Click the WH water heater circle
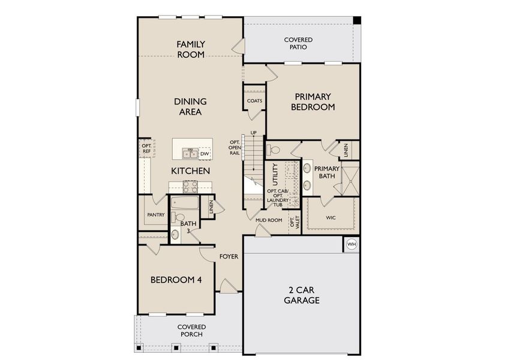click(x=351, y=244)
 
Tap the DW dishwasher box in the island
click(x=205, y=154)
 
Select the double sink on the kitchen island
click(x=191, y=154)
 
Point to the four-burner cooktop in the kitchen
click(x=191, y=186)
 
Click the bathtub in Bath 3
click(x=184, y=203)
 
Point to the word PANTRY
click(x=155, y=214)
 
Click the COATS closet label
click(x=254, y=101)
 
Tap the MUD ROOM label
click(x=269, y=220)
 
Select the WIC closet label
click(x=330, y=217)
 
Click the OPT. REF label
click(x=146, y=148)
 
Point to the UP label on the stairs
click(x=253, y=133)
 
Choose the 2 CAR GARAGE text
click(x=301, y=295)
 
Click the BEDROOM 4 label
click(x=176, y=280)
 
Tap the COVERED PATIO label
click(x=298, y=43)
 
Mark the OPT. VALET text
click(x=293, y=223)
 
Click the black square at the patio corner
click(x=356, y=20)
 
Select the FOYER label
click(x=229, y=256)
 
